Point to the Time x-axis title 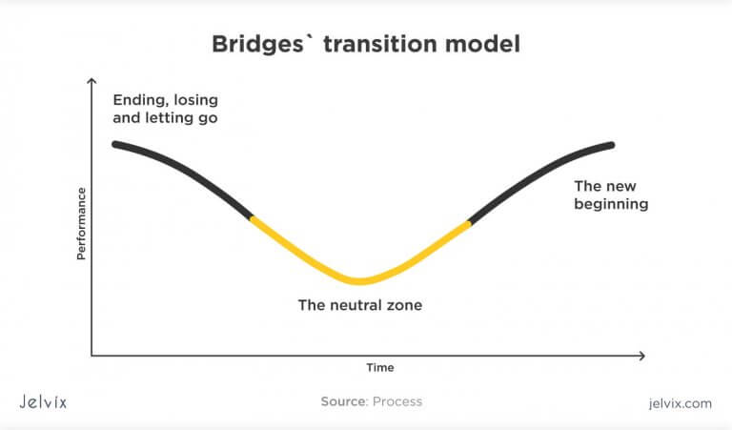point(380,367)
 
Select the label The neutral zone point(359,306)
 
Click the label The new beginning point(611,195)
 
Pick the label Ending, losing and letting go point(166,110)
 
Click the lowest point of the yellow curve point(358,281)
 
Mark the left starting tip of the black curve point(114,144)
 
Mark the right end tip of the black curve point(612,145)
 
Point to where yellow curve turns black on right point(470,223)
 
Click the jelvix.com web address point(678,403)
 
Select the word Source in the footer point(343,402)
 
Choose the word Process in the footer point(397,402)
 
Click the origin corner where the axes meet point(91,356)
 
